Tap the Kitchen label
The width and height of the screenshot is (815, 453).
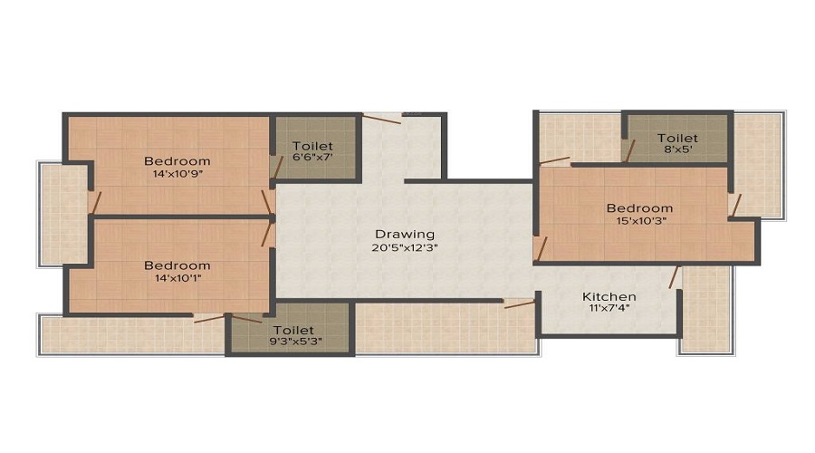coord(609,296)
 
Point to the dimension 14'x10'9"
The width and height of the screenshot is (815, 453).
coord(177,175)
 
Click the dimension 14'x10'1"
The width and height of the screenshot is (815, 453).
coord(177,278)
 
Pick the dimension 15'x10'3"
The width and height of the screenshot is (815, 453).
coord(639,221)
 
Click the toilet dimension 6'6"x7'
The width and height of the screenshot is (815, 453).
coord(312,159)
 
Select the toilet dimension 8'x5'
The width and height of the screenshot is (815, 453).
coord(677,151)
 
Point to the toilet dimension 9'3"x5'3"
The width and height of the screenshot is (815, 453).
coord(292,342)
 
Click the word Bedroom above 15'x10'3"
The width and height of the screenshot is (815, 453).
coord(639,207)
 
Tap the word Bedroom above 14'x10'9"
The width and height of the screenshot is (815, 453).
coord(177,161)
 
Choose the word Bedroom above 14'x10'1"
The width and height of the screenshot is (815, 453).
coord(177,265)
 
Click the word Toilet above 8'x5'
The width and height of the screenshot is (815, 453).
coord(677,139)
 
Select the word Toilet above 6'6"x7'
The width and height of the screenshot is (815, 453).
coord(312,146)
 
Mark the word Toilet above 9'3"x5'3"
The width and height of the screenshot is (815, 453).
coord(292,330)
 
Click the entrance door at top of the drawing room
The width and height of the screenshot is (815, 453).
coord(382,115)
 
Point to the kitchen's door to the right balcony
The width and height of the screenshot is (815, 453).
coord(674,276)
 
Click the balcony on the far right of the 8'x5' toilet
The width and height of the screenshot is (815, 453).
coord(757,163)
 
